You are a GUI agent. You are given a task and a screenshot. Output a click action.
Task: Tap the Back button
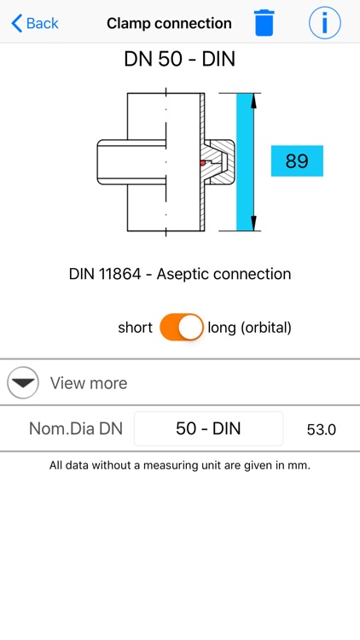click(35, 23)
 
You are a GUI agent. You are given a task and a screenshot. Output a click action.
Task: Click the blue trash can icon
click(265, 22)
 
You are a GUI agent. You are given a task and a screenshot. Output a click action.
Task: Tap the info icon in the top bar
click(324, 22)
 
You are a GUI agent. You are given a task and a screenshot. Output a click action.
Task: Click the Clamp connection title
click(169, 23)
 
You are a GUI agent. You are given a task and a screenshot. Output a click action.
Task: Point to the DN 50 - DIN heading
click(180, 60)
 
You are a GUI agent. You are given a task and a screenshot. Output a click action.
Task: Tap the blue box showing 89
click(297, 160)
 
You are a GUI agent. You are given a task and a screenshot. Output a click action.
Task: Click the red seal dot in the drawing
click(201, 162)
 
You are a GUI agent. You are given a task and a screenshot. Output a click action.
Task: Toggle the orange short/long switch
click(182, 328)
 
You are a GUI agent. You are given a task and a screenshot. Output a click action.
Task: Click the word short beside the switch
click(135, 328)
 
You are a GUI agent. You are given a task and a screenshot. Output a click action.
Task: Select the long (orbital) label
click(249, 328)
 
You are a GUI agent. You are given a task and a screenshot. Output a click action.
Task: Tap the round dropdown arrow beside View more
click(23, 383)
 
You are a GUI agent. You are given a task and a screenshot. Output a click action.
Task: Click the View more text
click(89, 383)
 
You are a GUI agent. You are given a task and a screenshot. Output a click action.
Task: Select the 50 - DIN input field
click(208, 428)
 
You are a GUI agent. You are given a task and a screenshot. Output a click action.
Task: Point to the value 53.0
click(322, 429)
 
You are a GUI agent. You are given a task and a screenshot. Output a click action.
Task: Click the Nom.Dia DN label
click(76, 429)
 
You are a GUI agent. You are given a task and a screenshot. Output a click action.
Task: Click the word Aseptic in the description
click(183, 274)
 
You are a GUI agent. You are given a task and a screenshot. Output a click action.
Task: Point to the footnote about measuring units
click(180, 466)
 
